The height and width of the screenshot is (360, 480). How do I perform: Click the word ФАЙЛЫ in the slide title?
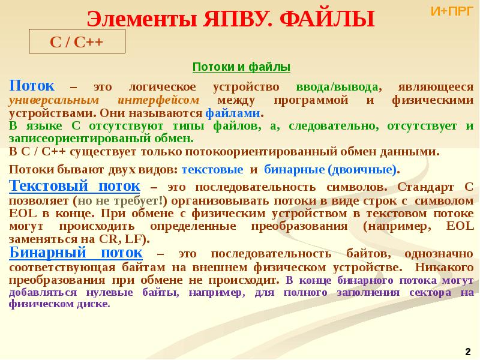(327, 19)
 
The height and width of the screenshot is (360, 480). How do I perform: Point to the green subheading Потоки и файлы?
(241, 67)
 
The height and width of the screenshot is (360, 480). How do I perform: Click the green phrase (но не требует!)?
(120, 200)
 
